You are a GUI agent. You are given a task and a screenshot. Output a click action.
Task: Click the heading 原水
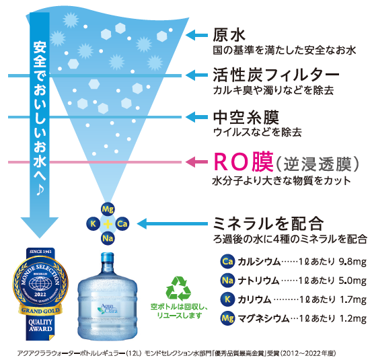click(x=229, y=35)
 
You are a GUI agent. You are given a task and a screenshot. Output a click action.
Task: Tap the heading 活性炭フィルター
click(x=276, y=75)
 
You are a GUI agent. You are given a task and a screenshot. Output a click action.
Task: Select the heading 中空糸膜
click(x=246, y=117)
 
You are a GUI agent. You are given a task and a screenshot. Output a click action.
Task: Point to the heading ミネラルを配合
click(x=268, y=223)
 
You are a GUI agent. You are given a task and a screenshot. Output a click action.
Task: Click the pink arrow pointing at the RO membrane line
click(x=196, y=162)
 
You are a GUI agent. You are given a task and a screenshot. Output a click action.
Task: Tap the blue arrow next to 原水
click(x=196, y=36)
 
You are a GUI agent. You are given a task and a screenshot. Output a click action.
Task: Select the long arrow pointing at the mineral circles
click(x=172, y=223)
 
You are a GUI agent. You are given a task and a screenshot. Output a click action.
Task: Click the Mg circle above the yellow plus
click(x=108, y=209)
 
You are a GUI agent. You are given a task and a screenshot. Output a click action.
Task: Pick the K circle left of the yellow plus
click(x=94, y=223)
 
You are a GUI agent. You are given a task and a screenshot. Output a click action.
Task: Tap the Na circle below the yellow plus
click(x=108, y=238)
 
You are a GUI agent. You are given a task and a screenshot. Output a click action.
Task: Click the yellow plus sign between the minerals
click(x=108, y=223)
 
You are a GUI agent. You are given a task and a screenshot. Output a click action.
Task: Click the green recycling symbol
click(x=178, y=289)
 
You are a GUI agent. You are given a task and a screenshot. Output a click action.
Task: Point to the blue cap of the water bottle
click(x=108, y=257)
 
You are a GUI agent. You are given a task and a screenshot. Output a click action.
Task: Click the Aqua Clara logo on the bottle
click(x=108, y=309)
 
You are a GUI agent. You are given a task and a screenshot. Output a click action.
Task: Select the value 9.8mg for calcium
click(x=352, y=262)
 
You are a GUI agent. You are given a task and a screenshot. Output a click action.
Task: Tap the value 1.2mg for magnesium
click(x=353, y=318)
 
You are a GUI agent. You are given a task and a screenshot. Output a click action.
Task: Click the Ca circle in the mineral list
click(x=227, y=261)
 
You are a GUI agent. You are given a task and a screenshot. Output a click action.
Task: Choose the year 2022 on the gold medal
click(x=40, y=295)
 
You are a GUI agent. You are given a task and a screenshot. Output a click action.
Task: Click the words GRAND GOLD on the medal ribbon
click(x=40, y=311)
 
